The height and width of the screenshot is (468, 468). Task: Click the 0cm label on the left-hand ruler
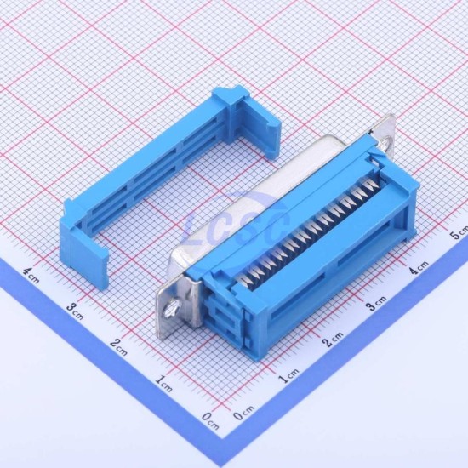[210, 420]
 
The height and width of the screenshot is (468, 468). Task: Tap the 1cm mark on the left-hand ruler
[164, 384]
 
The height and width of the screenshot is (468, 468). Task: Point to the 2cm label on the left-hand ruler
[118, 347]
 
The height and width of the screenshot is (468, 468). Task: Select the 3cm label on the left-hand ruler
[74, 311]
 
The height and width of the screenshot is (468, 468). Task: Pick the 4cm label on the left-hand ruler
[31, 275]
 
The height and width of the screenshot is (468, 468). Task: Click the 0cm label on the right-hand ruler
[244, 413]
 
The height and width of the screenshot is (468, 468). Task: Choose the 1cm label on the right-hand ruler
[288, 376]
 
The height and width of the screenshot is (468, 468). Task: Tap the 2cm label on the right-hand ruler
[333, 339]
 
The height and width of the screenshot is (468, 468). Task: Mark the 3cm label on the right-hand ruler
[376, 303]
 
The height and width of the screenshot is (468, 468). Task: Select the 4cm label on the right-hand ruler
[419, 266]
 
